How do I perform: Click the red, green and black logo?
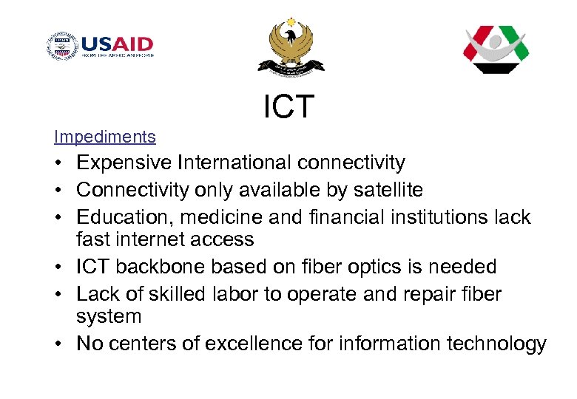point(496,49)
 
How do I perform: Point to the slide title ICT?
point(288,107)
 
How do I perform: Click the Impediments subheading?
point(105,137)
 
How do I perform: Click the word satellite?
point(384,190)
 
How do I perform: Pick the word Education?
point(121,217)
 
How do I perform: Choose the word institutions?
point(425,217)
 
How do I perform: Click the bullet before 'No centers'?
point(58,344)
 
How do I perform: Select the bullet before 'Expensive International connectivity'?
point(58,163)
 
